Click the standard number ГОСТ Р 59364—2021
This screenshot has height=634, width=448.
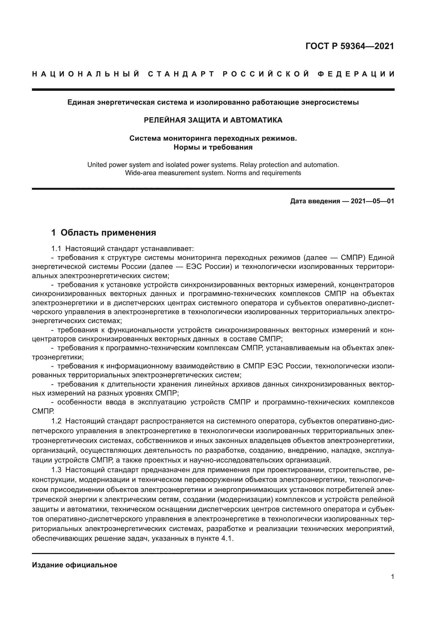coord(349,46)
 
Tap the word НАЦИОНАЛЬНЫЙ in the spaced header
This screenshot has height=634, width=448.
coord(86,74)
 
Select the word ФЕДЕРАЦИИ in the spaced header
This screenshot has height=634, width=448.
coord(356,74)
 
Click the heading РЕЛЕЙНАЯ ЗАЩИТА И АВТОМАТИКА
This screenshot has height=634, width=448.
coord(213,120)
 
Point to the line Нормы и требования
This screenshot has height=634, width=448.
coord(213,147)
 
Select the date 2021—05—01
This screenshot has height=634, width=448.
coord(372,201)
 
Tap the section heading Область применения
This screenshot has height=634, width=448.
coord(108,233)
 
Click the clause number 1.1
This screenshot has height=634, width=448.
coord(56,249)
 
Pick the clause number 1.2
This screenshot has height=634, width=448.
coord(56,421)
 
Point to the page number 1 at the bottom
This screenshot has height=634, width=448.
coord(392,577)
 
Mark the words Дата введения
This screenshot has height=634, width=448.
coord(315,201)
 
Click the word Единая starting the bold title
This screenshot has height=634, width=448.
coord(80,102)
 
